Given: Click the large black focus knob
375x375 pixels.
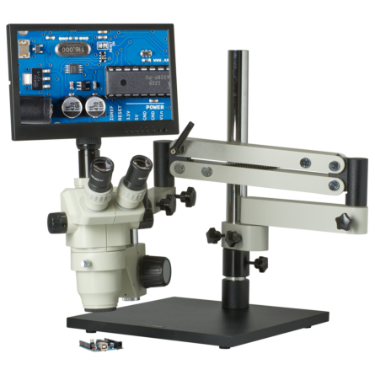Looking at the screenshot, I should click(x=154, y=271).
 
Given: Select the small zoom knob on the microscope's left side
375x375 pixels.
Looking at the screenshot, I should click(x=56, y=222).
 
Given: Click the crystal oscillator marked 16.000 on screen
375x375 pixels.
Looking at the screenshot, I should click(x=74, y=49).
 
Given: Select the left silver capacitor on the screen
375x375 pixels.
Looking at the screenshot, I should click(x=72, y=105).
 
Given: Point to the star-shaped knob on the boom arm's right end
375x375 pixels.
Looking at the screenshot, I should click(x=343, y=223).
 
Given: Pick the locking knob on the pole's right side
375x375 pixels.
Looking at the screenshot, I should click(x=260, y=264).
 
